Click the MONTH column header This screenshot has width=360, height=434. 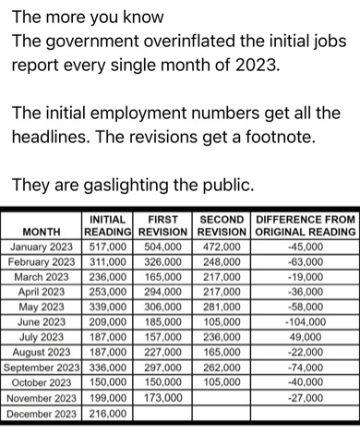click(x=42, y=232)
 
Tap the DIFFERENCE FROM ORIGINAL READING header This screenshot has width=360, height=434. click(x=305, y=225)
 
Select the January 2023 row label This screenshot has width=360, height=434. click(x=45, y=247)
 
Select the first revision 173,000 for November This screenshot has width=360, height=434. click(x=163, y=397)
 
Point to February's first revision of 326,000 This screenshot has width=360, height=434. click(x=163, y=262)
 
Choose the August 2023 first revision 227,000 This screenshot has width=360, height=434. click(x=163, y=353)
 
